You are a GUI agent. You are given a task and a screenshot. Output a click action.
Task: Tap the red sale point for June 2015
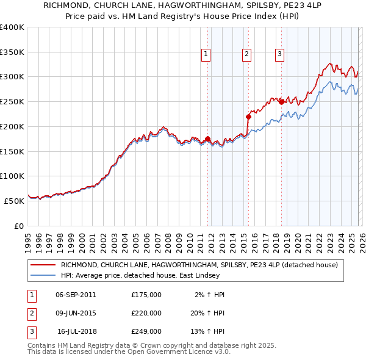tap(248, 117)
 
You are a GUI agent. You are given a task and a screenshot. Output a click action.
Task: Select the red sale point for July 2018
tap(281, 102)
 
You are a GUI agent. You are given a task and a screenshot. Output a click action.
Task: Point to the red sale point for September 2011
tap(208, 139)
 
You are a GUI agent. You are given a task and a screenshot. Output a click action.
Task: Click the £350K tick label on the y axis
tap(12, 52)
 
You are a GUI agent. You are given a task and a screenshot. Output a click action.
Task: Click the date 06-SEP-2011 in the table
tap(76, 295)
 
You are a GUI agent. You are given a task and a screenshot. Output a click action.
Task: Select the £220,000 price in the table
tap(146, 313)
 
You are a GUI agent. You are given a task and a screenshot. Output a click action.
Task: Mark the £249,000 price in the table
tap(146, 331)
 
